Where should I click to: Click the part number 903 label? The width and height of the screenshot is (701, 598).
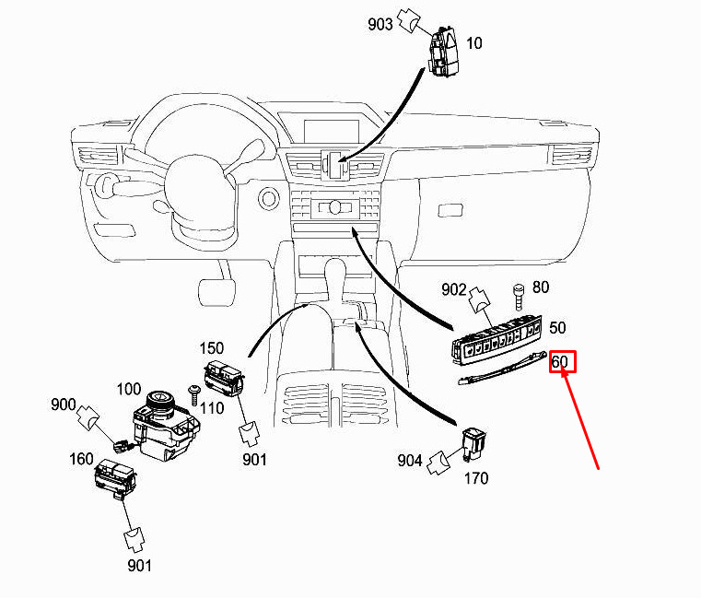(380, 24)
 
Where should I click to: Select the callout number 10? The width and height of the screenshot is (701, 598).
(474, 43)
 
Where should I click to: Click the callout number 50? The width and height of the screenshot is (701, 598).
(557, 328)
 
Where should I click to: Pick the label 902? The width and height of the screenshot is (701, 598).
(454, 289)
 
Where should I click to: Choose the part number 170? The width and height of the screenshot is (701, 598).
(476, 478)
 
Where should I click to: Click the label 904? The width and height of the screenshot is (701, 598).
(411, 460)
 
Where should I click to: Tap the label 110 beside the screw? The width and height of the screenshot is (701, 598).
(214, 406)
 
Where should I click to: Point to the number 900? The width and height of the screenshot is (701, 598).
(64, 405)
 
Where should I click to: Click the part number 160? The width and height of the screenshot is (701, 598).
(83, 458)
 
